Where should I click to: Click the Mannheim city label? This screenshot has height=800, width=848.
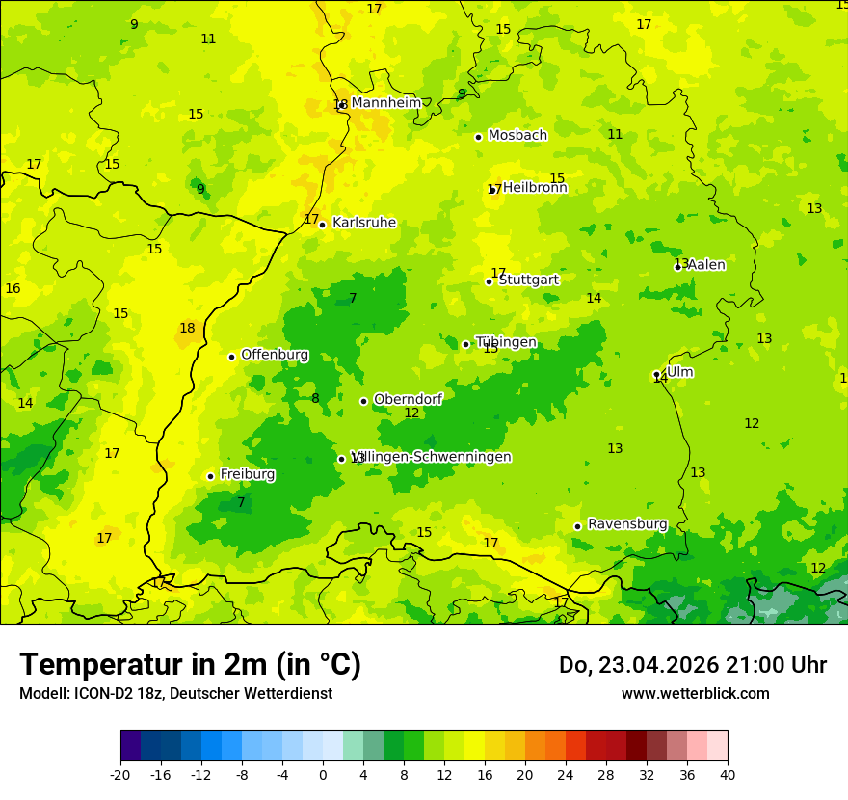[x=385, y=103]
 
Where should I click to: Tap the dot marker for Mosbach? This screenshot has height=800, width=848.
[x=478, y=137]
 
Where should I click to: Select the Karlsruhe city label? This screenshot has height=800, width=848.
[x=363, y=223]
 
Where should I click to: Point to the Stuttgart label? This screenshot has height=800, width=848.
[x=528, y=280]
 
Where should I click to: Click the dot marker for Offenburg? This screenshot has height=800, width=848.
[x=231, y=357]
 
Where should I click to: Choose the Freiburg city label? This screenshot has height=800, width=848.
[x=247, y=474]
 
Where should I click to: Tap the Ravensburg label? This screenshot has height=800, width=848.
[x=626, y=524]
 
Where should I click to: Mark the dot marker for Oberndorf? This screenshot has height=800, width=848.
[x=363, y=401]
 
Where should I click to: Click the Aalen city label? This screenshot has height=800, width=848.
[x=705, y=265]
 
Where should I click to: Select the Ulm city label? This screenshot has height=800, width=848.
[x=679, y=372]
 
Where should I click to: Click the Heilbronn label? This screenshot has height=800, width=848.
[x=534, y=188]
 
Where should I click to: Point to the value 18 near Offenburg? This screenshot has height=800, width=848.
[x=187, y=329]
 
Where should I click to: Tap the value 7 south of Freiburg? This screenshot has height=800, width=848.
[x=241, y=502]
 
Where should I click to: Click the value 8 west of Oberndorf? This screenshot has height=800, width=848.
[x=315, y=398]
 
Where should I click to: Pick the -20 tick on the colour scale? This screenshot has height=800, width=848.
[x=120, y=774]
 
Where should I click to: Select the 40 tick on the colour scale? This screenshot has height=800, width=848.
[x=727, y=774]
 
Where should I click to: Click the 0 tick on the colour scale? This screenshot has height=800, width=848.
[x=323, y=774]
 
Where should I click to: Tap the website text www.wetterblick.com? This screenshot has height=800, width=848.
[x=695, y=693]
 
